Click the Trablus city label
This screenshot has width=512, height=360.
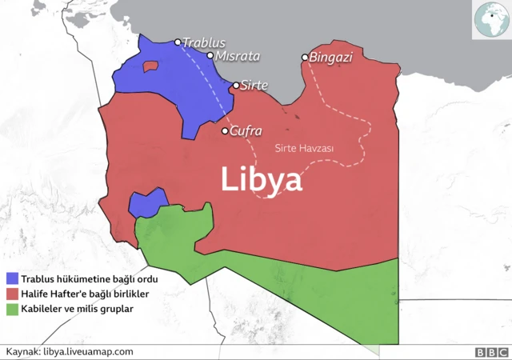click(x=204, y=42)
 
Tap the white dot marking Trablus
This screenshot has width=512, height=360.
click(x=178, y=42)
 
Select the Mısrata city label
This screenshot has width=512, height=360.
click(x=238, y=56)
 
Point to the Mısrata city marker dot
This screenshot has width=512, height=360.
click(x=210, y=56)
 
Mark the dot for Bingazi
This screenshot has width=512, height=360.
click(x=305, y=58)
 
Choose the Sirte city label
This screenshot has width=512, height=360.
click(x=254, y=85)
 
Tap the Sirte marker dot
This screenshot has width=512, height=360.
click(x=236, y=85)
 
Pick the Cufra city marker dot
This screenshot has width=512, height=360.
click(x=226, y=130)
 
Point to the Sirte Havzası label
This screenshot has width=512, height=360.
click(x=304, y=149)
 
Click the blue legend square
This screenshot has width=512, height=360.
click(x=12, y=279)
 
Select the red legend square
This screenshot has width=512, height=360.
click(x=12, y=294)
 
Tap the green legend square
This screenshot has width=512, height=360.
click(x=12, y=308)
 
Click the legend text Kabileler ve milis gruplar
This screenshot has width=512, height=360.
click(x=78, y=308)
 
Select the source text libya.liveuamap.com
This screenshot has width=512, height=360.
click(x=89, y=351)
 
